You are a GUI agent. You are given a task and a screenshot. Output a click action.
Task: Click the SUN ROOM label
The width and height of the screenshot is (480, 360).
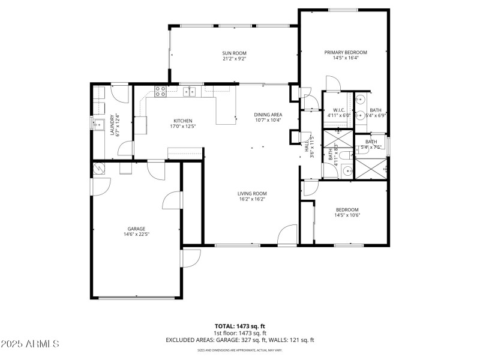(234, 53)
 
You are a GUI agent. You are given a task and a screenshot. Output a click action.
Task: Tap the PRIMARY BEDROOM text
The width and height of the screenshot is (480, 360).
(345, 52)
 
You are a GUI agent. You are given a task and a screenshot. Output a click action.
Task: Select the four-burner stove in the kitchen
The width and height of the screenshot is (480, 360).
(160, 92)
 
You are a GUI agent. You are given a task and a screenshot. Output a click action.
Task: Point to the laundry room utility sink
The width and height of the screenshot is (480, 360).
(98, 124)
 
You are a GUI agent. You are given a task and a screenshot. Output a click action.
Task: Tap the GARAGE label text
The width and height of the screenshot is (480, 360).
(136, 229)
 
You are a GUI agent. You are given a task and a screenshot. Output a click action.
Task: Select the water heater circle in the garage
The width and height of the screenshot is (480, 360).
(98, 169)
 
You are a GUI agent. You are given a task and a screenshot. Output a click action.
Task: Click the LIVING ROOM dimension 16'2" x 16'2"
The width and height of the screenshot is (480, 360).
(252, 199)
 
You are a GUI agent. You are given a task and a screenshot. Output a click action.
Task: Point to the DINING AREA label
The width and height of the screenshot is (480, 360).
(268, 114)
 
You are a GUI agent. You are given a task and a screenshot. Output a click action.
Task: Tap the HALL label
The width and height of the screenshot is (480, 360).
(306, 146)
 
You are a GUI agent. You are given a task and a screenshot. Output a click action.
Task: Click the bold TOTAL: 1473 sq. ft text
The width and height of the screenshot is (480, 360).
(239, 326)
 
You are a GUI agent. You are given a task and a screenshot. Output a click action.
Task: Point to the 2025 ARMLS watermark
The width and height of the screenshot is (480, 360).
(30, 344)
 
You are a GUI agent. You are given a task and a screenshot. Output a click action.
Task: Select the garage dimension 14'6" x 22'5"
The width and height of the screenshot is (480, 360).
(136, 235)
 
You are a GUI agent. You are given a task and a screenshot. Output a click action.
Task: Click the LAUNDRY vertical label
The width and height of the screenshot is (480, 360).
(112, 125)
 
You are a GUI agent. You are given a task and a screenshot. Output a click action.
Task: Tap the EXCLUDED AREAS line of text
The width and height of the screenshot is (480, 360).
(239, 340)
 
